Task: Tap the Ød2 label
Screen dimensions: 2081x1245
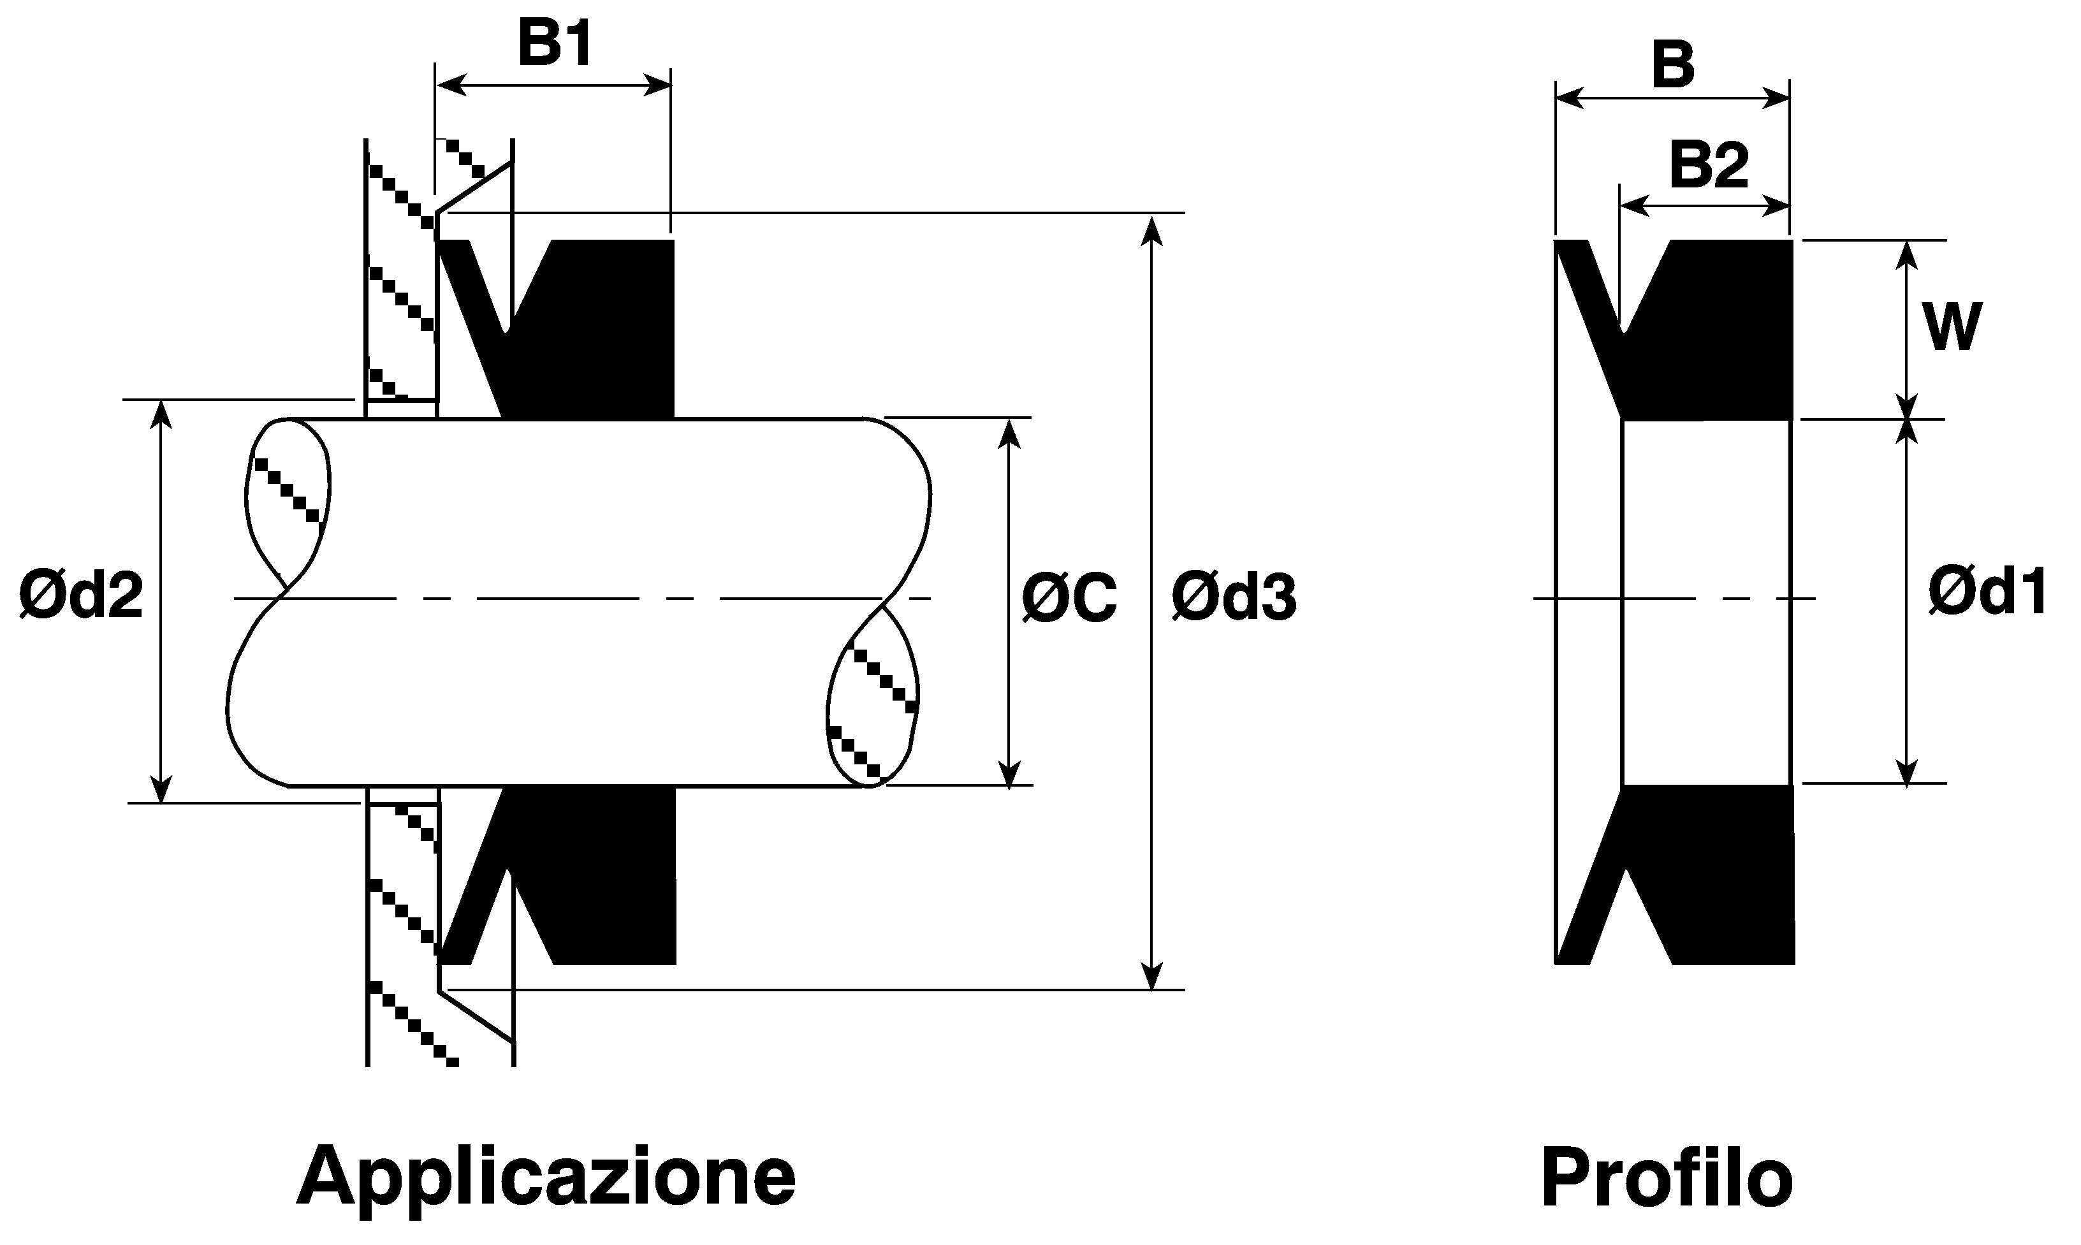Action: (x=82, y=597)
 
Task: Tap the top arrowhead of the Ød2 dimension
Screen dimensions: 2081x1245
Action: (x=161, y=415)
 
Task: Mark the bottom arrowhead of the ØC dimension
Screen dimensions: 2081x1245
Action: (x=1010, y=773)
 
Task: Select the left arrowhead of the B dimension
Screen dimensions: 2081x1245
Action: (x=1571, y=98)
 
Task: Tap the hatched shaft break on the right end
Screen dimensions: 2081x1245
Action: (x=872, y=696)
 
